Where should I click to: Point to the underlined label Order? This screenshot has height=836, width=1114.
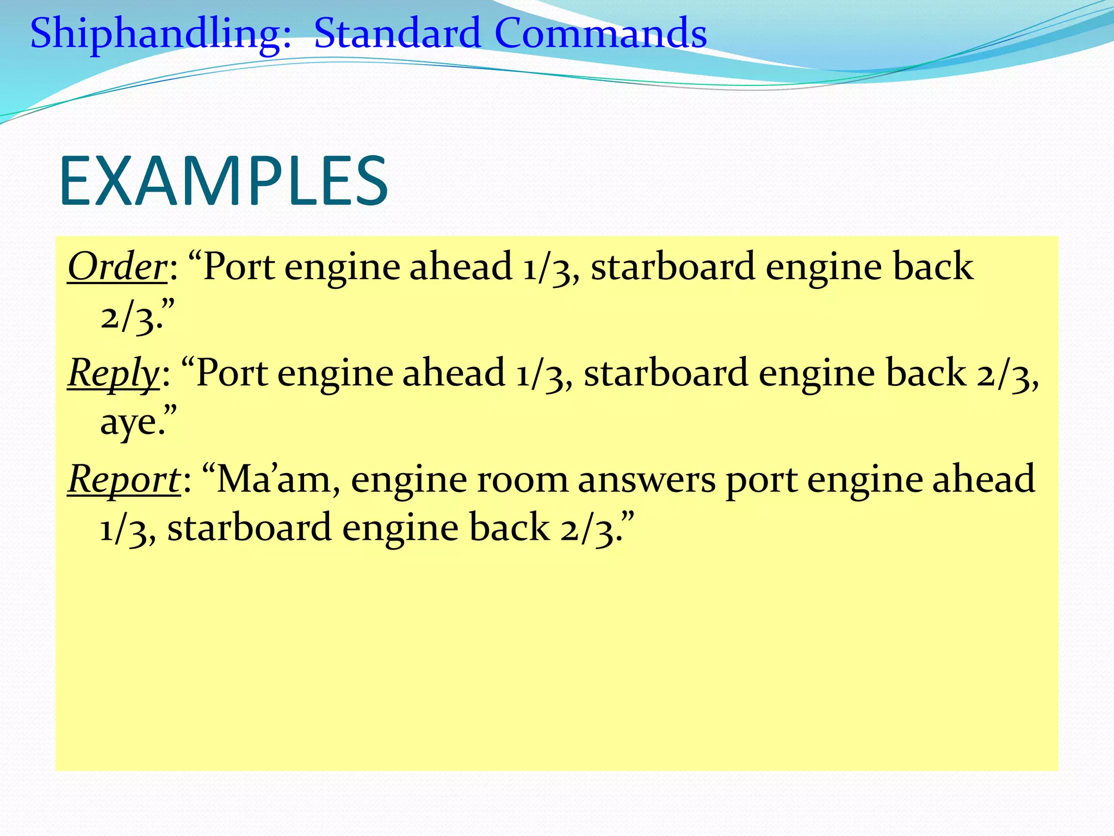(117, 267)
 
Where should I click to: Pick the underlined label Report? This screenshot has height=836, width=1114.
(123, 480)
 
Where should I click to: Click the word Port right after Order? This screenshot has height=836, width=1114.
(238, 267)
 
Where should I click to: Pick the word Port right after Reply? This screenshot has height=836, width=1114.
(231, 373)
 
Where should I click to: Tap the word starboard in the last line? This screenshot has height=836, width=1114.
(249, 528)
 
